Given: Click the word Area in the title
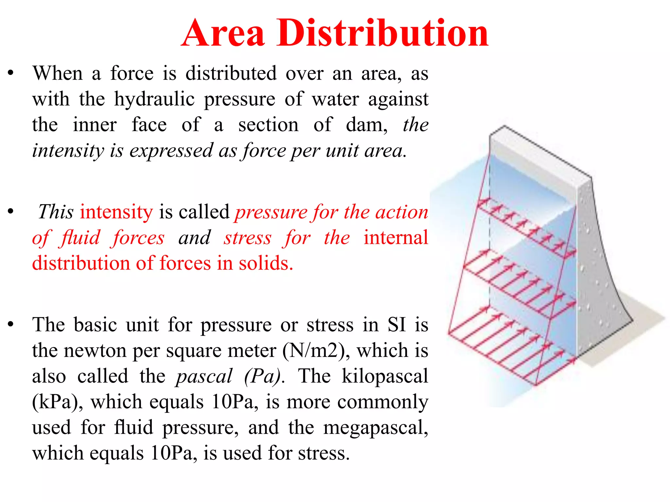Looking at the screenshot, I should (x=223, y=33).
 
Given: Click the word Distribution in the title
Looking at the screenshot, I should (x=383, y=33).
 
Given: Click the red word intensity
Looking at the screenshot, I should (x=116, y=212).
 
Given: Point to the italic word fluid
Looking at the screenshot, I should (x=80, y=238).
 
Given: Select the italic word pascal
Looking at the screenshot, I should (x=204, y=376).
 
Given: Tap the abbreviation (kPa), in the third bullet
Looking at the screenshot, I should (x=58, y=402).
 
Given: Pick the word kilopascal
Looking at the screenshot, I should (x=385, y=376).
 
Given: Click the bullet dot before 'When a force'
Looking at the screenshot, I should (x=11, y=73).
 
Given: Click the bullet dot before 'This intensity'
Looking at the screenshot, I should (x=11, y=212).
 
